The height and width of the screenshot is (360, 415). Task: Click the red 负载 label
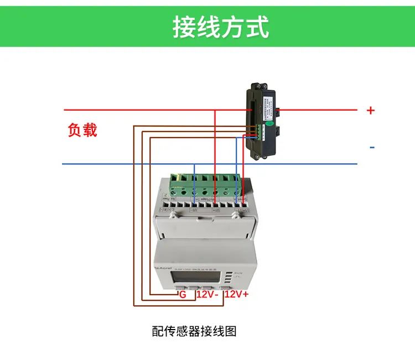(82, 131)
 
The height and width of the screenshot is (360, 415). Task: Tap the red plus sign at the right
(371, 111)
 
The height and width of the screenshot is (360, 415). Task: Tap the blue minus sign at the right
(372, 147)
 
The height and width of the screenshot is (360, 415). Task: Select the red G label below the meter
(183, 295)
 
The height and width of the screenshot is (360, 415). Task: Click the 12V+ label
(237, 295)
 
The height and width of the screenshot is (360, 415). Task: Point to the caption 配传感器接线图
(194, 331)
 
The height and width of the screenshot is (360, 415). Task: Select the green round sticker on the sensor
(268, 124)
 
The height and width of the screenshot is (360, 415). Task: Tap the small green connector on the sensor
(257, 131)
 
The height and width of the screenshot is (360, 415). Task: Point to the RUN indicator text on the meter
(239, 273)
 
